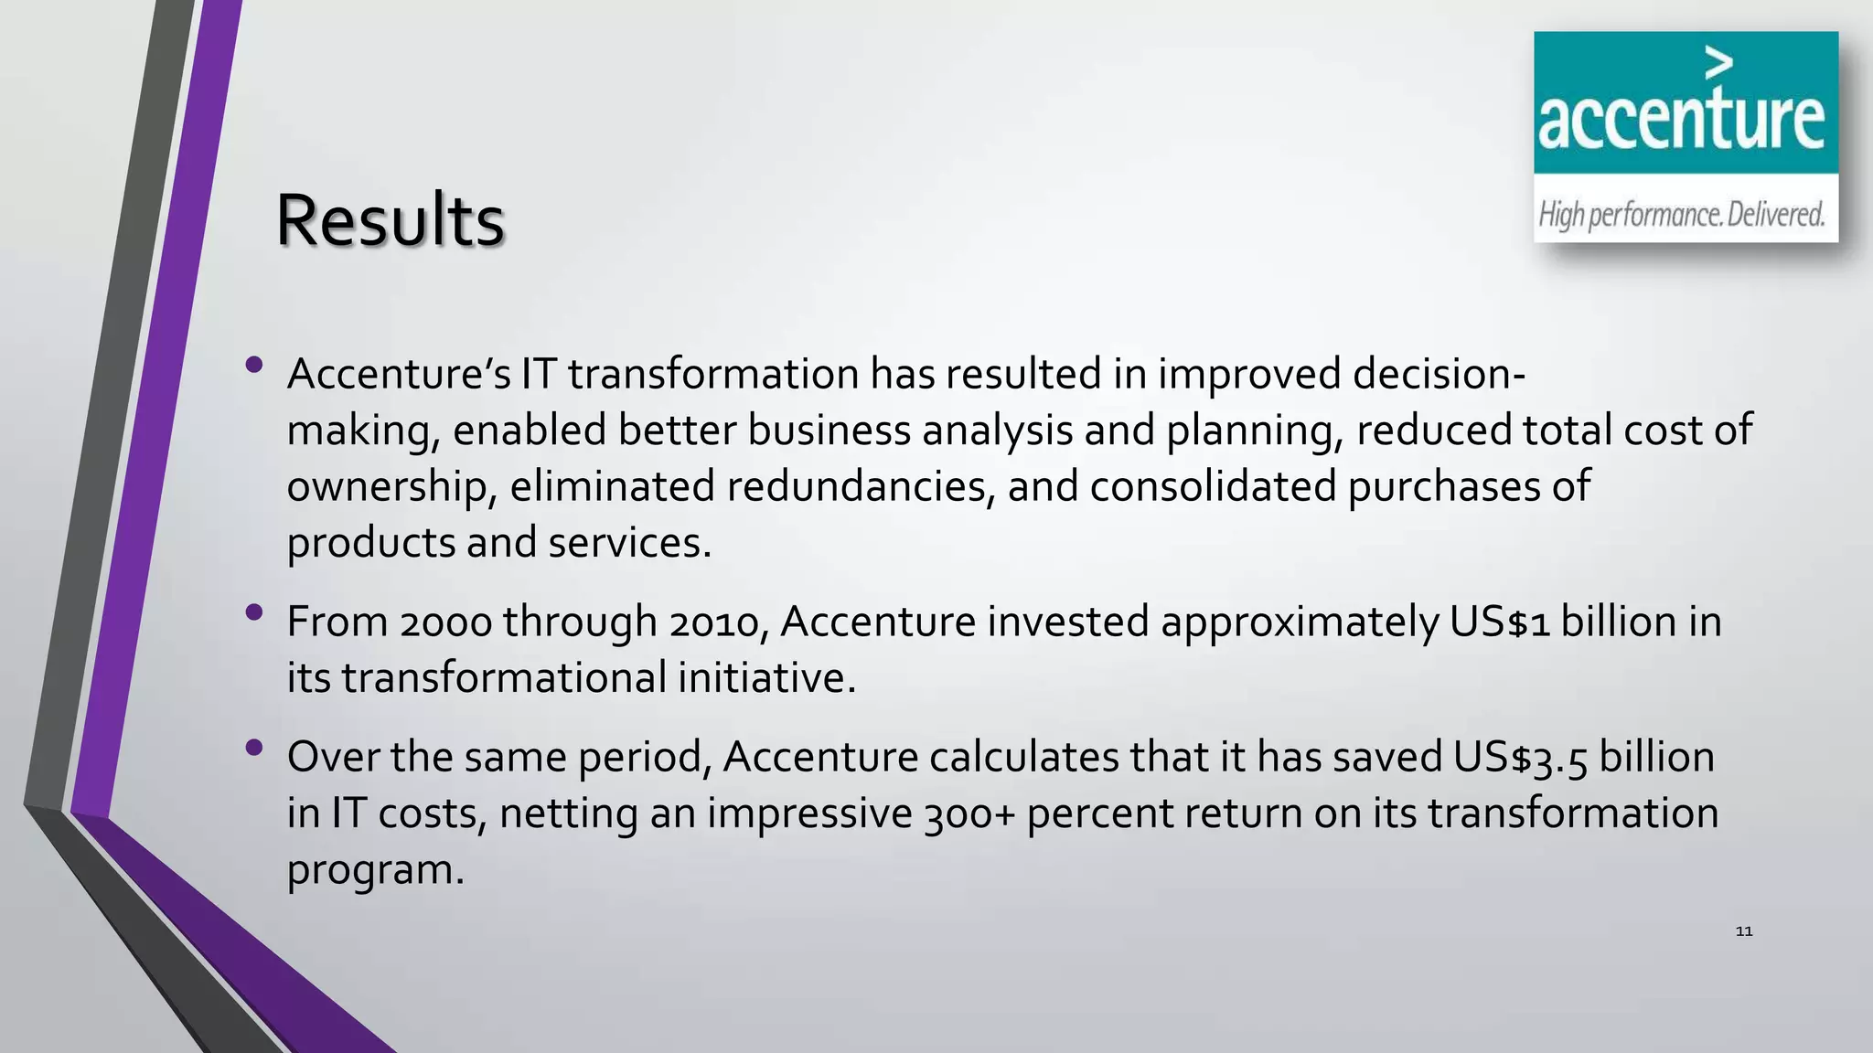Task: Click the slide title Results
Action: [x=390, y=220]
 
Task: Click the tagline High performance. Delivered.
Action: [x=1681, y=215]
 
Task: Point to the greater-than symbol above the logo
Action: [x=1719, y=63]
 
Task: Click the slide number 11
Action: [x=1744, y=931]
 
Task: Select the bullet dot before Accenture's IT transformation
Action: [x=254, y=366]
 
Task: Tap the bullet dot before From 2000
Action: [x=254, y=612]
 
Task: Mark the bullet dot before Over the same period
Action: [x=254, y=748]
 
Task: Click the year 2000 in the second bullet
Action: [x=445, y=622]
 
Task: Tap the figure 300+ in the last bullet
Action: [x=970, y=814]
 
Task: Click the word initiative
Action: [x=766, y=678]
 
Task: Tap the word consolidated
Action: [x=1213, y=486]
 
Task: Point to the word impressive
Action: [x=809, y=814]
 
